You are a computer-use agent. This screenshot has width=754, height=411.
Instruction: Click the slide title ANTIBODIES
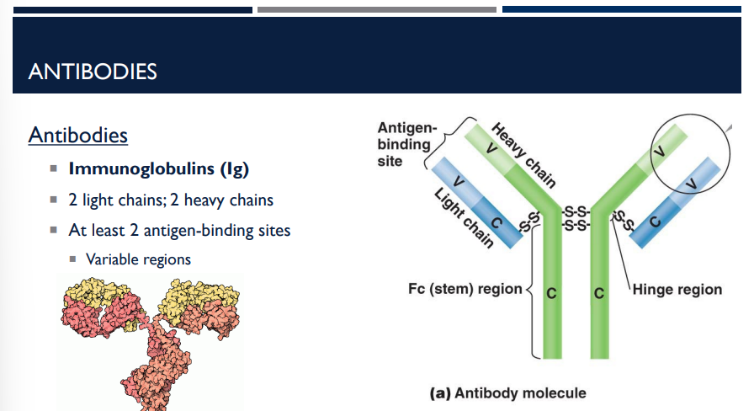tap(93, 72)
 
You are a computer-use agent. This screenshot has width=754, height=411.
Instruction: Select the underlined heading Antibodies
tap(77, 135)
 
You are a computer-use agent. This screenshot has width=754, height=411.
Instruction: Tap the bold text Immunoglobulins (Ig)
tap(158, 168)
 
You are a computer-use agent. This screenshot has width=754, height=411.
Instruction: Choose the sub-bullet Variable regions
tap(138, 259)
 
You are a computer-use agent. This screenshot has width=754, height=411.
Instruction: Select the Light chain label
tap(464, 218)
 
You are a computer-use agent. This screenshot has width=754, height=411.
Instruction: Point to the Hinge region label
tap(677, 289)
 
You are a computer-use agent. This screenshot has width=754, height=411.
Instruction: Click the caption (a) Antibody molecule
tap(507, 392)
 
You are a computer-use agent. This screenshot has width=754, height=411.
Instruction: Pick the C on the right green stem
tap(599, 295)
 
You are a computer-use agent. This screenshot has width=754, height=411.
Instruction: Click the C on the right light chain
tap(654, 222)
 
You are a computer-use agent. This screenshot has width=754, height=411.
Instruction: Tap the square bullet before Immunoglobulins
tap(54, 169)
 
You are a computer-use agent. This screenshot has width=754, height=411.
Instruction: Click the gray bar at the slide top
tap(376, 10)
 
